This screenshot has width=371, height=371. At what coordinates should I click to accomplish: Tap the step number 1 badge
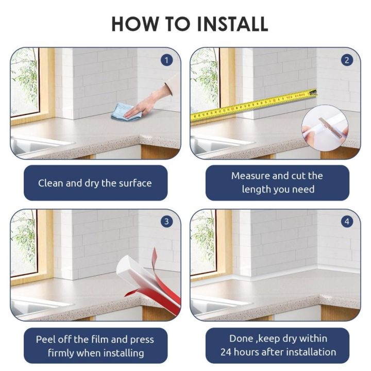[166, 61]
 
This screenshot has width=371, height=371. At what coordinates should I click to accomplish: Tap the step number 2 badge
[347, 61]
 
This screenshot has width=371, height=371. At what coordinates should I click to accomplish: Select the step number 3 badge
[166, 222]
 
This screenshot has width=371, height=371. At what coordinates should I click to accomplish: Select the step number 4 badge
[347, 222]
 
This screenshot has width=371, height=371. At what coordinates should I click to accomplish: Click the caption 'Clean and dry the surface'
[95, 183]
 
